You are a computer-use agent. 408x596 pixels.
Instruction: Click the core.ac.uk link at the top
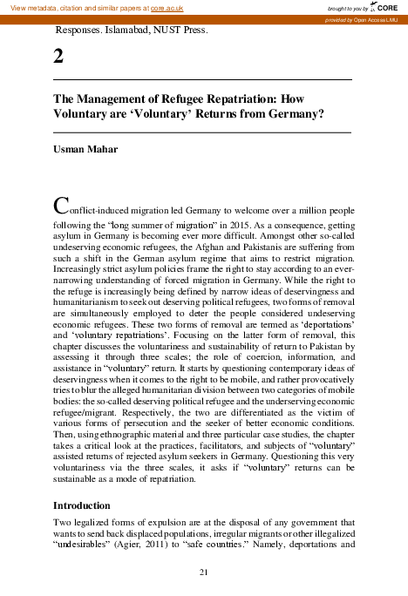click(167, 8)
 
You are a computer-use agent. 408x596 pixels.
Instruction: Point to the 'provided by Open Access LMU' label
click(360, 19)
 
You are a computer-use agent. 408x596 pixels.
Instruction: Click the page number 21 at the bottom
click(203, 572)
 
